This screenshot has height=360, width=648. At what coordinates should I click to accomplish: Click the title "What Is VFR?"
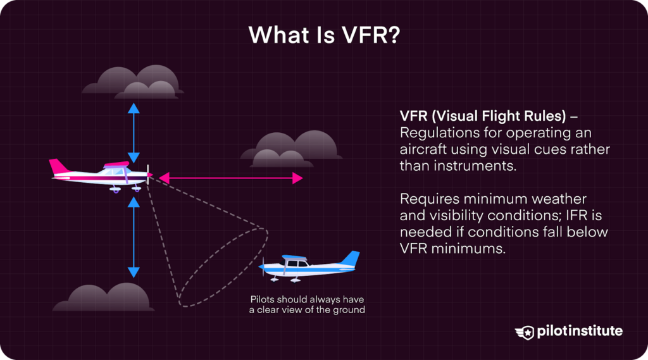(323, 35)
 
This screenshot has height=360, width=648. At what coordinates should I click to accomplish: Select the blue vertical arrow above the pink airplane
(134, 133)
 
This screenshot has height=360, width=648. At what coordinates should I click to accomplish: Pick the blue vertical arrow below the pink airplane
(134, 237)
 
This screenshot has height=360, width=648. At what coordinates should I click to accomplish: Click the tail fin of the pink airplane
(59, 166)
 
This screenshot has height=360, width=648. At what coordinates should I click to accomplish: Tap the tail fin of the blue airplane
(349, 259)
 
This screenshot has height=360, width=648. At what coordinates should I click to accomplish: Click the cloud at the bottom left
(104, 297)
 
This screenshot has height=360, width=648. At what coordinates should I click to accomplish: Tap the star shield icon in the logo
(525, 332)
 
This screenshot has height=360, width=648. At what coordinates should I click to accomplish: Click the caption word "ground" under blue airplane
(349, 310)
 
